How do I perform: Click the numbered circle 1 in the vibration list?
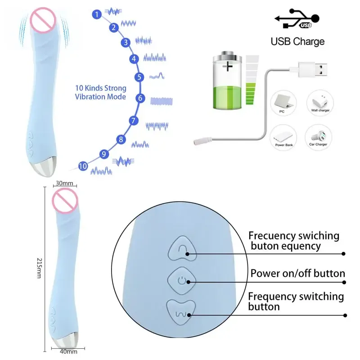click(x=96, y=15)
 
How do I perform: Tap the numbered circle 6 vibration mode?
click(x=140, y=98)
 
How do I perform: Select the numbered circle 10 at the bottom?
click(x=82, y=166)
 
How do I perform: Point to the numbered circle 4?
click(x=134, y=58)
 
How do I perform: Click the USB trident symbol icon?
click(x=297, y=19)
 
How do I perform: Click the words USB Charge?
click(x=297, y=42)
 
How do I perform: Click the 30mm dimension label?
click(x=64, y=184)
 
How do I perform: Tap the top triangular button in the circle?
click(x=182, y=248)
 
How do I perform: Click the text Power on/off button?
click(x=297, y=274)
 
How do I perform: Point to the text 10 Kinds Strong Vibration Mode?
click(x=100, y=92)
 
